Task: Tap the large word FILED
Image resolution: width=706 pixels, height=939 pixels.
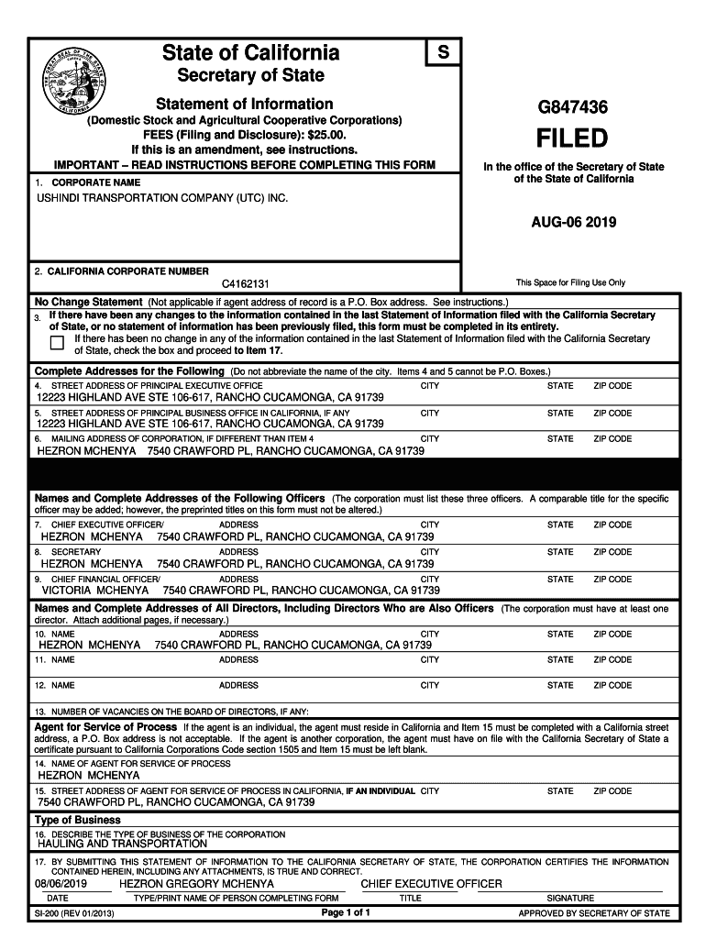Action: coord(572,139)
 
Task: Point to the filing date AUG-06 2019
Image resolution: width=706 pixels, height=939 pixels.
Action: coord(573,223)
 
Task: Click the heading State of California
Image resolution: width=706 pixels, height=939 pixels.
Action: coord(249,53)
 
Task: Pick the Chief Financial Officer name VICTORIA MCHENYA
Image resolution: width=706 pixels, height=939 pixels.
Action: coord(95,591)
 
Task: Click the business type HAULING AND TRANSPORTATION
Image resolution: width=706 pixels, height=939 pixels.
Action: coord(122,844)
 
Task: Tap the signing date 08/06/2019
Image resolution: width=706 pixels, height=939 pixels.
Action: coord(63,883)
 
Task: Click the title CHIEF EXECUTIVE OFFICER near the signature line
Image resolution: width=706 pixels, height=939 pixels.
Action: coord(432,883)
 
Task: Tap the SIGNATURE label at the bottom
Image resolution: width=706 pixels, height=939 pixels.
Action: coord(570,899)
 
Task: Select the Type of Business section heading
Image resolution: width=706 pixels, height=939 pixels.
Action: coord(78,820)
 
